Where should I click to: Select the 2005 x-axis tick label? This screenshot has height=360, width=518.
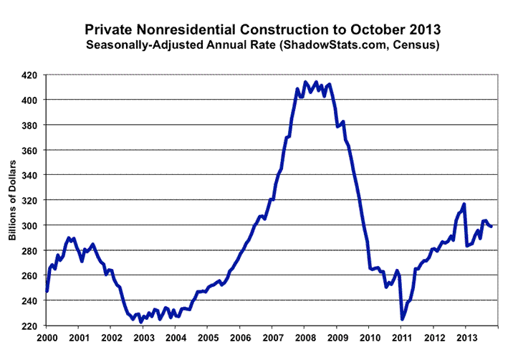click(208, 338)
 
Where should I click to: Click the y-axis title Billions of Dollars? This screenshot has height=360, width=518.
click(12, 200)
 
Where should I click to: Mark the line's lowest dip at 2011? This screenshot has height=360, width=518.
click(402, 319)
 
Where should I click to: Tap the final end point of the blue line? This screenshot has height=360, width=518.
click(491, 226)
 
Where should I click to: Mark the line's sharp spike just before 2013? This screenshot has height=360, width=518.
click(464, 204)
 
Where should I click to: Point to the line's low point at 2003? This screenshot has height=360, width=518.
click(141, 322)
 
